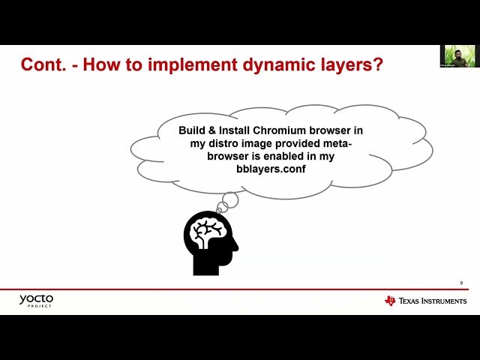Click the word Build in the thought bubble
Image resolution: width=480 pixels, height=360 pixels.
click(x=192, y=130)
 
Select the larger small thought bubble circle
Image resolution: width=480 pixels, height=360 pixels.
click(x=229, y=200)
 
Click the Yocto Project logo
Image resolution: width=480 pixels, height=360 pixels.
click(x=36, y=301)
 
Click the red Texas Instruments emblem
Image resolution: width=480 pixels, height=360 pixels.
click(x=390, y=301)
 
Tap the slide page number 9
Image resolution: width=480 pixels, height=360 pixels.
click(x=461, y=283)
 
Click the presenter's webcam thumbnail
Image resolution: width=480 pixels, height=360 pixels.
click(x=459, y=57)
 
